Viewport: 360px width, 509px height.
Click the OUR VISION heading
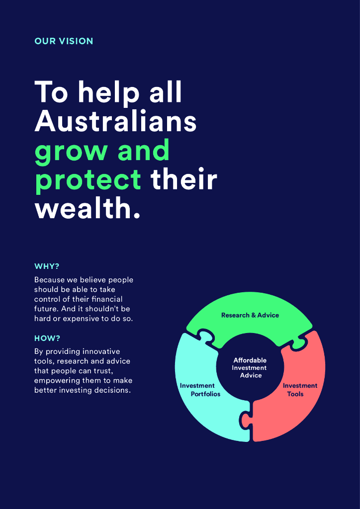coord(64,41)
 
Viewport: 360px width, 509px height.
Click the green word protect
coord(88,180)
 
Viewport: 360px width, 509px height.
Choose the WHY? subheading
coord(47,266)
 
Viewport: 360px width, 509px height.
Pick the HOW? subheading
coord(47,339)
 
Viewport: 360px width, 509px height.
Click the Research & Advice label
coord(250,315)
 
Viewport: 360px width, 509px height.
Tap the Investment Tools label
coord(300,390)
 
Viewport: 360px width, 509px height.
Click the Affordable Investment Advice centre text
coord(250,368)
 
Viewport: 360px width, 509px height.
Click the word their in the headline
coord(184,180)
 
